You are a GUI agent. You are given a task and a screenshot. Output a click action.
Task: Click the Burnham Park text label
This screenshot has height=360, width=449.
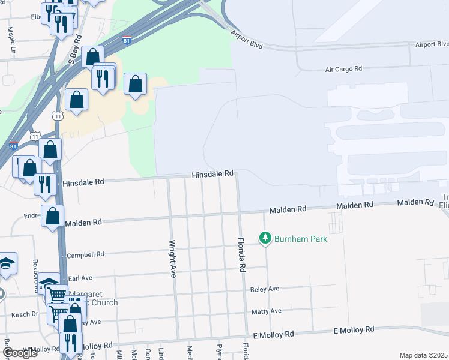(301, 239)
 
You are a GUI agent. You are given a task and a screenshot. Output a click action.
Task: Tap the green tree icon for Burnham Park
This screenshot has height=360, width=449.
(265, 238)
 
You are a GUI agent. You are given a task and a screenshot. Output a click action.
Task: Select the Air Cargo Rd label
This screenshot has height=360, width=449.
(344, 69)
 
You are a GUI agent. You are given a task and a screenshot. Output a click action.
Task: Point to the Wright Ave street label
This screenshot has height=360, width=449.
(172, 259)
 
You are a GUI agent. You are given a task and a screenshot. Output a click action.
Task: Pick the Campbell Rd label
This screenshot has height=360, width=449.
(85, 254)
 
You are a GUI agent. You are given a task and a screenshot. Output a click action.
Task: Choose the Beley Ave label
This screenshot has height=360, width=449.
(265, 289)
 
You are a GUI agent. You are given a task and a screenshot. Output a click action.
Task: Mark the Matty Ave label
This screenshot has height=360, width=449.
(267, 311)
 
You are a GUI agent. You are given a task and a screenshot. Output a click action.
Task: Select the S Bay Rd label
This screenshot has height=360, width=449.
(75, 54)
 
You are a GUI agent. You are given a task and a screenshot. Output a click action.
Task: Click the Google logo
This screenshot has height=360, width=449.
(20, 353)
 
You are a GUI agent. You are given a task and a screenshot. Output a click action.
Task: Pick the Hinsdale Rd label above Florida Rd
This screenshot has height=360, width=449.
(212, 174)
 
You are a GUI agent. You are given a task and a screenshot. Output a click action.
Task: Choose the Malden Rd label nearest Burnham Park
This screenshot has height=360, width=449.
(288, 209)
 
